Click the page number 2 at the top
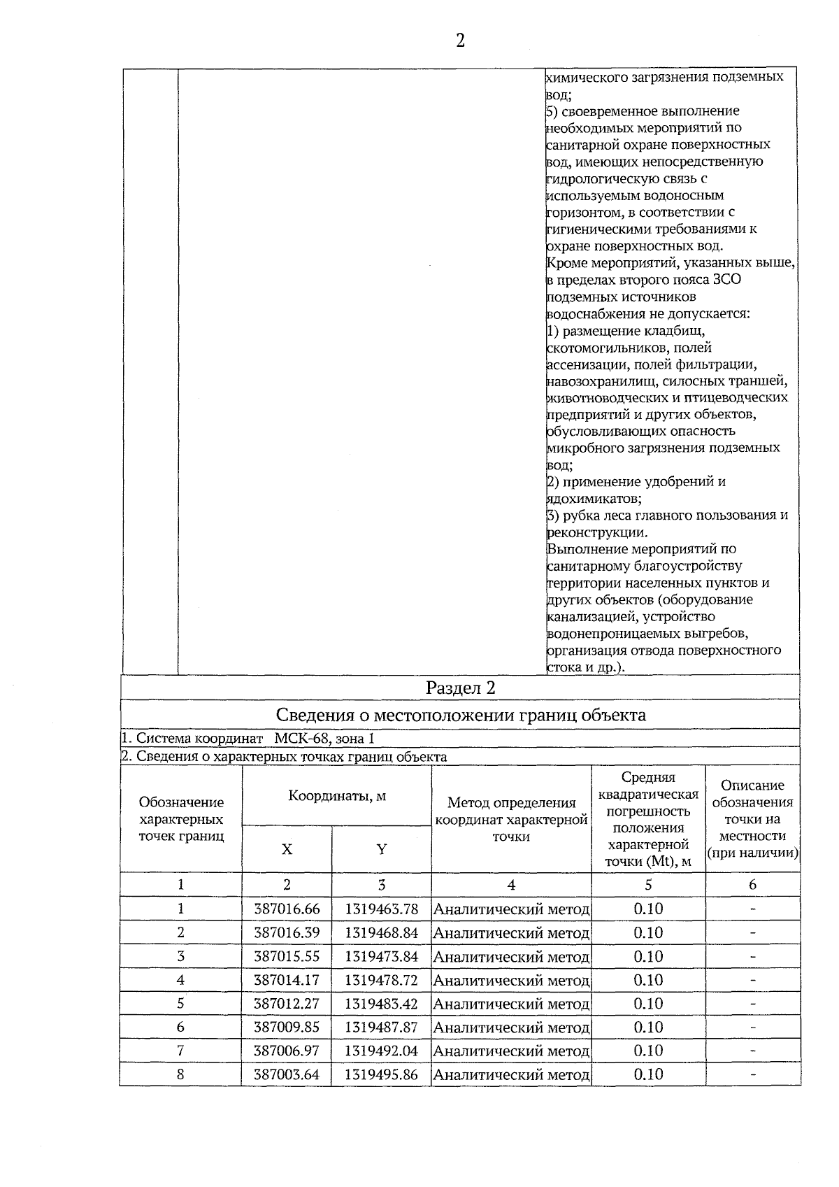(x=460, y=41)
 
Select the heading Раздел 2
(x=461, y=688)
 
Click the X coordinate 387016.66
(x=287, y=909)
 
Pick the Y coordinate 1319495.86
(x=381, y=1074)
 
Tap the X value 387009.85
(x=287, y=1027)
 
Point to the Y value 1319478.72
(x=381, y=980)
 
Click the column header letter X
(x=287, y=849)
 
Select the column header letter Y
(x=381, y=849)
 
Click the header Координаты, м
(x=337, y=796)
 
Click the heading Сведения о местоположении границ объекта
(x=461, y=715)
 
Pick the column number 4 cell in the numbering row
(x=511, y=885)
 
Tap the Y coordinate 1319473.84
(x=381, y=956)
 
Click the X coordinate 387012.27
(x=287, y=1004)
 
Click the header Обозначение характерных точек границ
(x=181, y=819)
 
